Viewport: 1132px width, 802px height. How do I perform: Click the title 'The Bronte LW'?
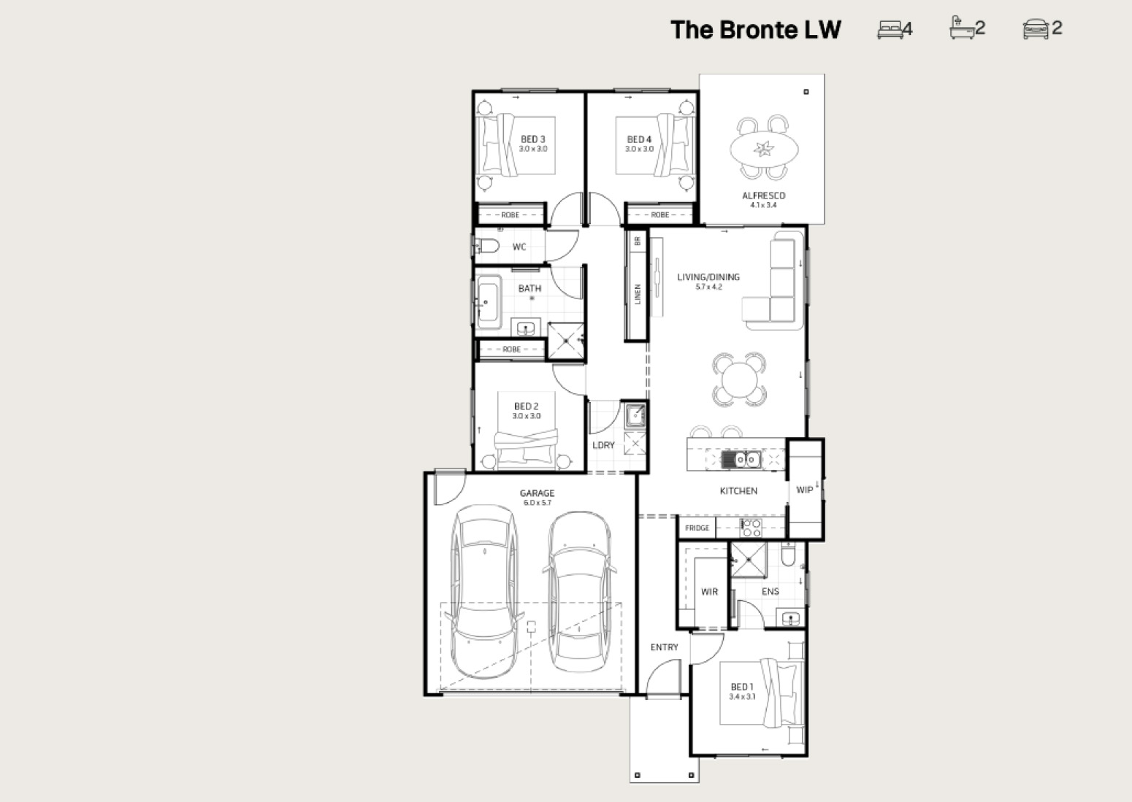(755, 29)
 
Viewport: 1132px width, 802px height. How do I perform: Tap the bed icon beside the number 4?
(890, 29)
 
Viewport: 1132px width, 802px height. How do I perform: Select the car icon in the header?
(1036, 28)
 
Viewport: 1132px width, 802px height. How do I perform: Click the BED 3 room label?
(532, 139)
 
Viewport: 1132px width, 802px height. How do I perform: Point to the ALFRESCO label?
(764, 196)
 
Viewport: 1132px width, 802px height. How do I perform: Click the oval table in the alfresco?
(764, 148)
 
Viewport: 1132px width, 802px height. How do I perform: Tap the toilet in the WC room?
(487, 246)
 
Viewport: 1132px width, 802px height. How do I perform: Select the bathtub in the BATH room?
(488, 302)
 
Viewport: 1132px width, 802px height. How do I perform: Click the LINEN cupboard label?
(638, 294)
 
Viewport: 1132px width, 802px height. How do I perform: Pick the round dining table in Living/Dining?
(739, 379)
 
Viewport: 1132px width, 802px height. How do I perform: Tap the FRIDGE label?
(697, 528)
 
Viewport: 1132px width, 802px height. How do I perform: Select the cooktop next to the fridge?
(751, 528)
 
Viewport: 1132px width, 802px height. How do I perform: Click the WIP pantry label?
(804, 490)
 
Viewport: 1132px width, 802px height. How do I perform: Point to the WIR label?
(709, 591)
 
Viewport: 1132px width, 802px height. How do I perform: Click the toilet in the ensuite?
(788, 555)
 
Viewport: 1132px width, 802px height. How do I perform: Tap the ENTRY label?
(664, 647)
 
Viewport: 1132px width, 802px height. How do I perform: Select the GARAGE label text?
(537, 493)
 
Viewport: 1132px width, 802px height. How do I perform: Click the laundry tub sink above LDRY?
(635, 416)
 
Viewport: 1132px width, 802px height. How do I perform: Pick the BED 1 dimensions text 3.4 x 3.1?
(742, 696)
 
